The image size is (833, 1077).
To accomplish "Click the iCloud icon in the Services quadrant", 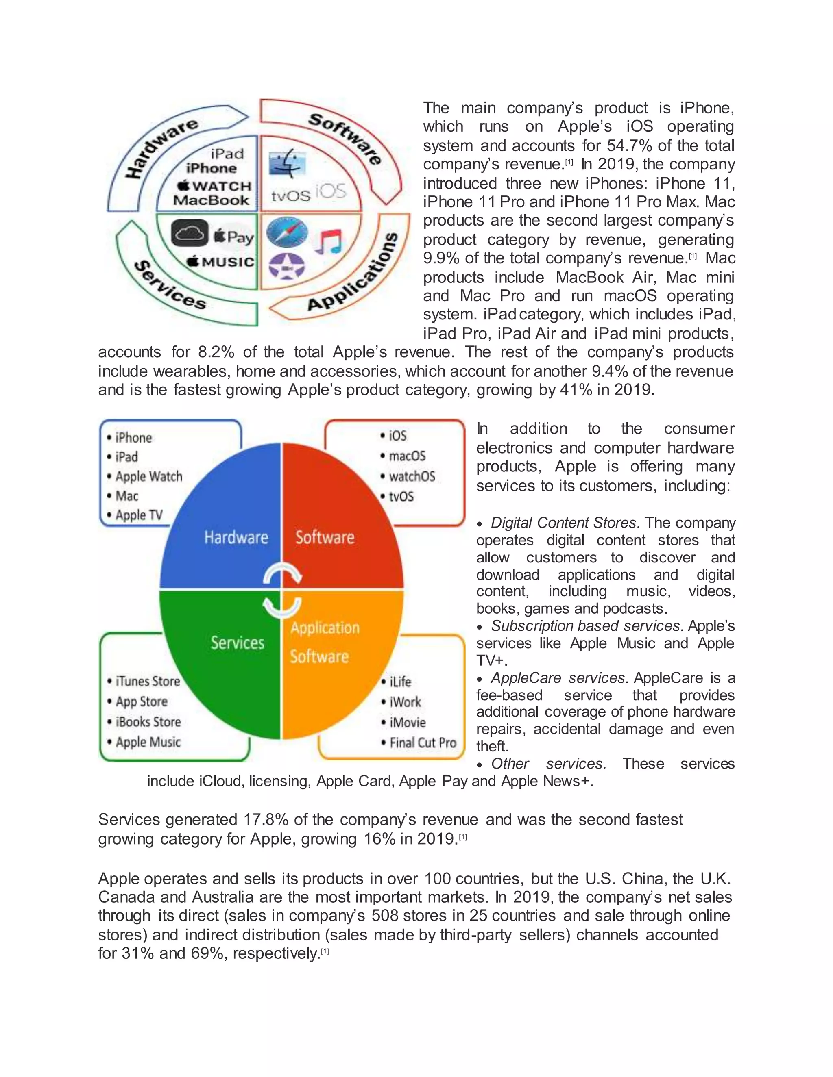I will pyautogui.click(x=190, y=233).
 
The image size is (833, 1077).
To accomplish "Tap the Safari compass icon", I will pyautogui.click(x=287, y=232).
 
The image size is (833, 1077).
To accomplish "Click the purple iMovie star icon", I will pyautogui.click(x=287, y=266).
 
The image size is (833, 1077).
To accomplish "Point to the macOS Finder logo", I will pyautogui.click(x=287, y=164).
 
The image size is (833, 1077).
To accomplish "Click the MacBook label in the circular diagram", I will pyautogui.click(x=211, y=200).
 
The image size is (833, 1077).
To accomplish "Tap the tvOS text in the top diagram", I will pyautogui.click(x=291, y=196).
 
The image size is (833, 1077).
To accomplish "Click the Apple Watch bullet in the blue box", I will pyautogui.click(x=148, y=476).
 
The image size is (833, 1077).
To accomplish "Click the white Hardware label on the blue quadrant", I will pyautogui.click(x=236, y=537).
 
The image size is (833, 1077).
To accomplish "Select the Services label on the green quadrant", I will pyautogui.click(x=238, y=643).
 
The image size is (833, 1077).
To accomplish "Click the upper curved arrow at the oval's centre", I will pyautogui.click(x=282, y=573).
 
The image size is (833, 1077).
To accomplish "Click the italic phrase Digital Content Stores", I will pyautogui.click(x=565, y=522).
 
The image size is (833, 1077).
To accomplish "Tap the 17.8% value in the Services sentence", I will pyautogui.click(x=266, y=820).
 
